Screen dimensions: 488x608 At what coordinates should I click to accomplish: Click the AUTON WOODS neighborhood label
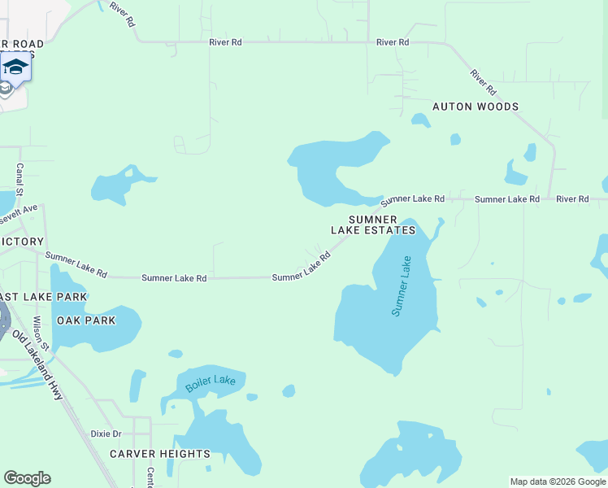[x=475, y=107]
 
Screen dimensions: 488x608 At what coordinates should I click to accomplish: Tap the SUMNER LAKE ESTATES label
[x=373, y=225]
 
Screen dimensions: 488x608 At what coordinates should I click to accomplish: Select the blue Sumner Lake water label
[x=402, y=286]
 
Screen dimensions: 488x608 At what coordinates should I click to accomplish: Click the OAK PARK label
[x=86, y=320]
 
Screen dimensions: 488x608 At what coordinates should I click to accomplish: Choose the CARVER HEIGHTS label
[x=160, y=454]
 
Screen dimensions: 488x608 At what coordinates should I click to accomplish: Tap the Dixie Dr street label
[x=106, y=434]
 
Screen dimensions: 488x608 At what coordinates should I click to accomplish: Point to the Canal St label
[x=20, y=179]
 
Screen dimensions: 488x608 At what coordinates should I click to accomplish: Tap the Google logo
[x=27, y=477]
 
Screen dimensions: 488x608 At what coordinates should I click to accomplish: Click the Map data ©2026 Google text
[x=558, y=481]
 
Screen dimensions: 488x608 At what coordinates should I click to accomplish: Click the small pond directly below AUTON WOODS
[x=420, y=121]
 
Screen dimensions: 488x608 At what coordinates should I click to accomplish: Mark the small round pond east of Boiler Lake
[x=289, y=391]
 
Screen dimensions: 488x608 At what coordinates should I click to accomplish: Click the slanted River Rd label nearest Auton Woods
[x=483, y=81]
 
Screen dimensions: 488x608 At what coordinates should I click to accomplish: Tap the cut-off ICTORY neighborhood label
[x=22, y=242]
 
